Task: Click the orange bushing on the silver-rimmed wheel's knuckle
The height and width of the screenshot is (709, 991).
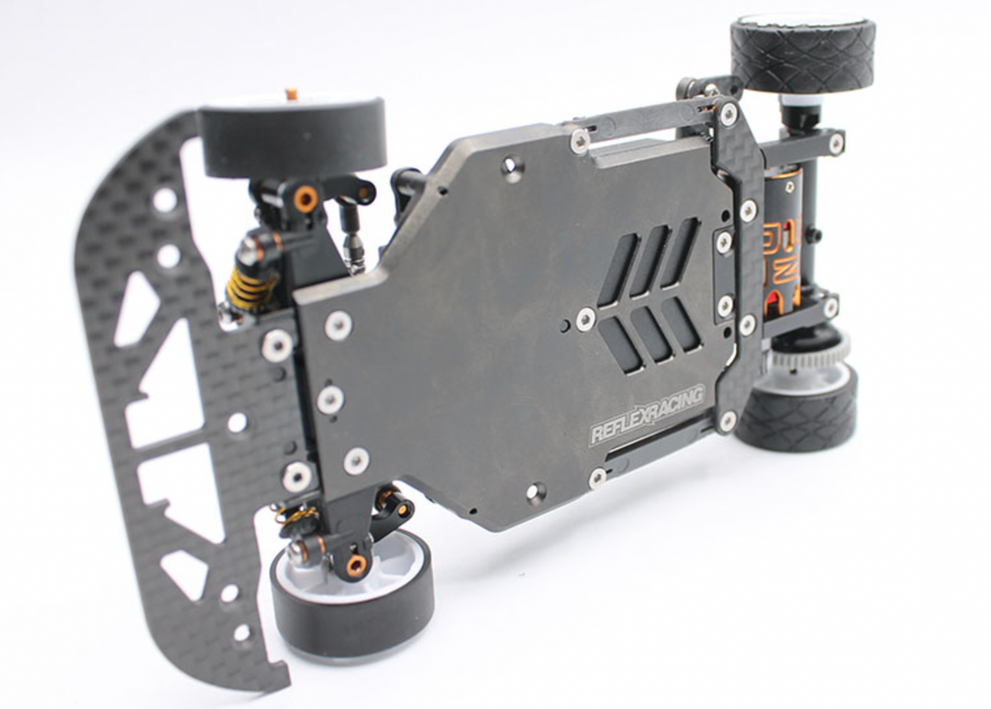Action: click(x=356, y=565)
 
